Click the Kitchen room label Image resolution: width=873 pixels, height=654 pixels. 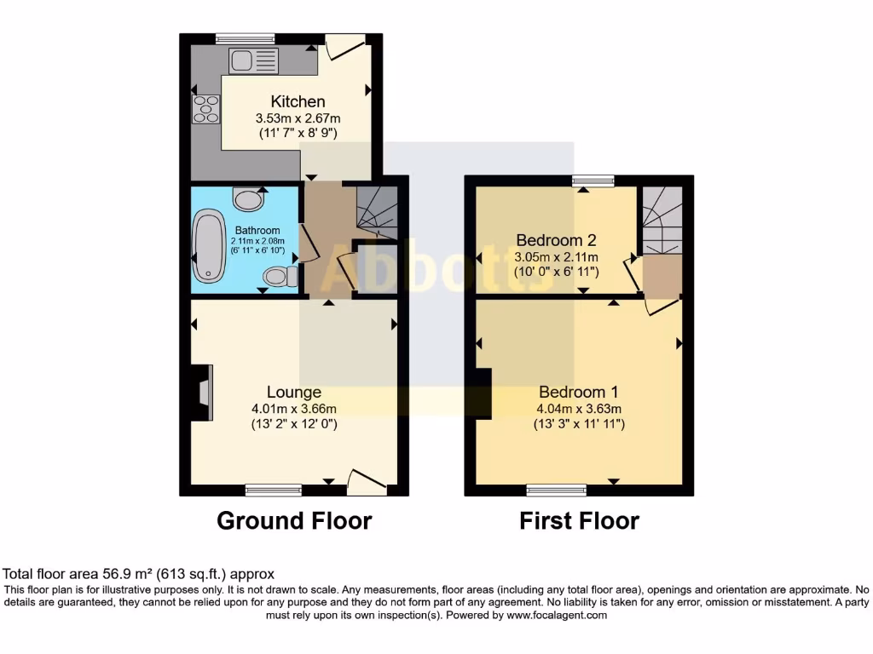298,101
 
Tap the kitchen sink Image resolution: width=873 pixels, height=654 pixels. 253,60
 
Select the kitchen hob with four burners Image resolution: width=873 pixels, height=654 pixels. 205,110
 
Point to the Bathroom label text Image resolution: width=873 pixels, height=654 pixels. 257,230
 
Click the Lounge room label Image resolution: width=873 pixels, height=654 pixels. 294,392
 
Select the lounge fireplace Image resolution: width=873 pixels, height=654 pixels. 201,393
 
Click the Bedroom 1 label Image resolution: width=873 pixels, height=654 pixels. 578,393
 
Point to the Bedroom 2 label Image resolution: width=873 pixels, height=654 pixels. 556,241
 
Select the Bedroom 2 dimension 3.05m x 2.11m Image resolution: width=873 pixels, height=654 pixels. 557,257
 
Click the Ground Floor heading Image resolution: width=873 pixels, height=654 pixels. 294,520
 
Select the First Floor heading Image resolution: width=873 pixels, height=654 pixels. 579,520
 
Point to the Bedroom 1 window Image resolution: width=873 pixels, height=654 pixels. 556,490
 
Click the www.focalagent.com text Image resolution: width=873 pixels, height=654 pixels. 556,615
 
